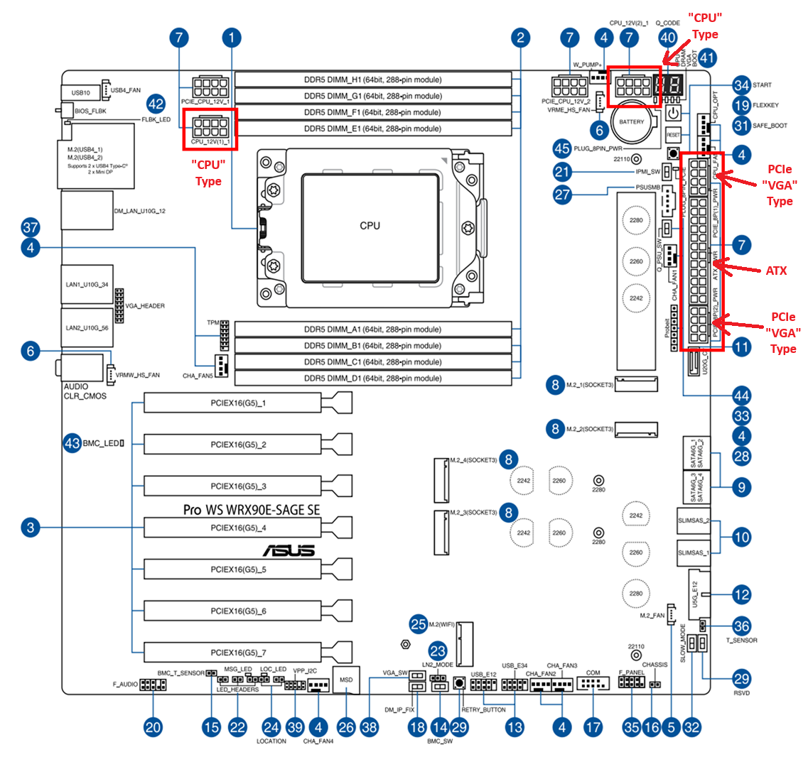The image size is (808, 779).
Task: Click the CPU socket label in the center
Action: point(370,226)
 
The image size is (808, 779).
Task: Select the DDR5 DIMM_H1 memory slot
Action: point(373,80)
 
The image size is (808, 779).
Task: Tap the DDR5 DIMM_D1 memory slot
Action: point(373,378)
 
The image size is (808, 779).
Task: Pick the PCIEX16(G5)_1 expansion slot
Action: point(238,403)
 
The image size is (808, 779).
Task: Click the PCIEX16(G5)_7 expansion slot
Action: point(238,653)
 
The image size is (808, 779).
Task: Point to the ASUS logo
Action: point(289,550)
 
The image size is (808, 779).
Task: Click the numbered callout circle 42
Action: point(156,104)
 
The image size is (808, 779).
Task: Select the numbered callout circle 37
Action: point(31,228)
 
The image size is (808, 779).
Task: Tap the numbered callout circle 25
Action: point(419,624)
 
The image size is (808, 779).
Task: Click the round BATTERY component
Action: point(631,121)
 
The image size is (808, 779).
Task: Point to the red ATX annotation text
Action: point(776,271)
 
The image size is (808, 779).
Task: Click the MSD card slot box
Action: point(346,680)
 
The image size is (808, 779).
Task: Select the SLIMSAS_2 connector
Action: point(694,521)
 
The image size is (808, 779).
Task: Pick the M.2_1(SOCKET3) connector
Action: point(636,385)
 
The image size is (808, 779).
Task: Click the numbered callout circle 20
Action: point(153,727)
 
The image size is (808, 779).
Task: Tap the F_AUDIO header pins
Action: point(153,685)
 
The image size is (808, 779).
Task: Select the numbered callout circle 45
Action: point(562,148)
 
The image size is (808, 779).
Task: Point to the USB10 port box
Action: point(80,92)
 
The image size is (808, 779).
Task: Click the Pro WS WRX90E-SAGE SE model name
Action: point(252,510)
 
